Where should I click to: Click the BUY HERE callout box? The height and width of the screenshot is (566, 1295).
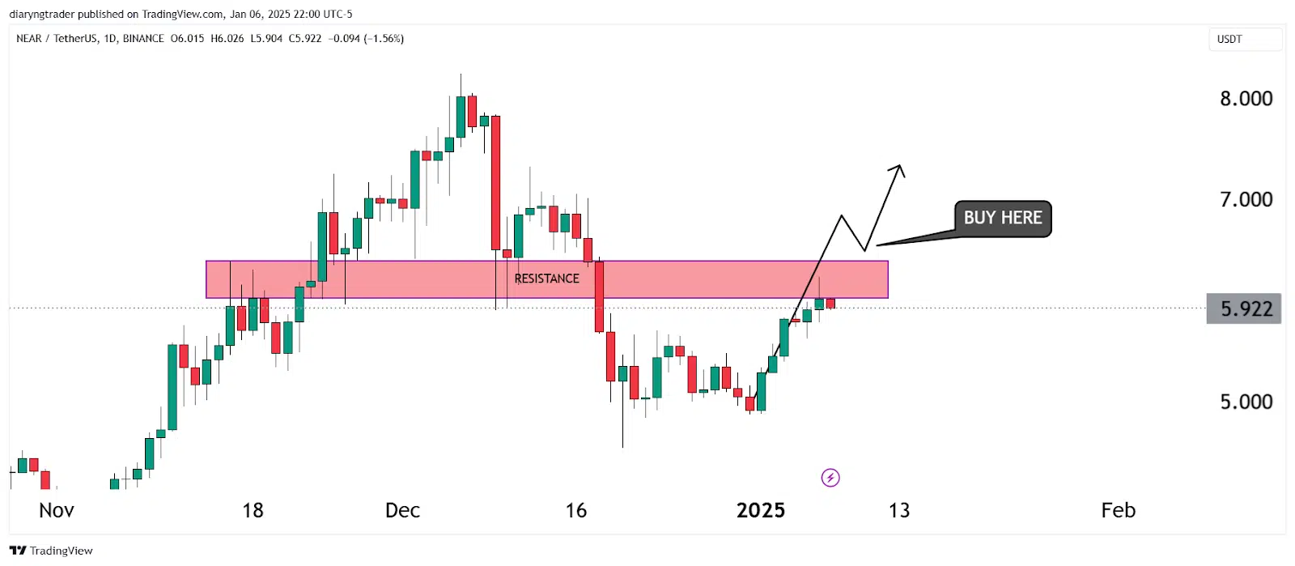pos(1002,219)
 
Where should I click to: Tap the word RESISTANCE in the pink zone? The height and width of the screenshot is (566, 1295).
pos(546,279)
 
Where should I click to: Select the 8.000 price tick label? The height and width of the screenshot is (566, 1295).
pos(1246,99)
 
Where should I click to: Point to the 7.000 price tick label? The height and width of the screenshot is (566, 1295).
pos(1246,199)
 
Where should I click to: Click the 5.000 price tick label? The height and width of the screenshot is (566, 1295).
pos(1246,402)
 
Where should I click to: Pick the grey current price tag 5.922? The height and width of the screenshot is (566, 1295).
pos(1244,309)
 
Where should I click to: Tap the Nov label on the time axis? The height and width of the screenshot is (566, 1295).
pos(57,510)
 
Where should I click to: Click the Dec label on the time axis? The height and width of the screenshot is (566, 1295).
pos(402,510)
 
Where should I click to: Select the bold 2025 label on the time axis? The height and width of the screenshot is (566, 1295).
pos(760,510)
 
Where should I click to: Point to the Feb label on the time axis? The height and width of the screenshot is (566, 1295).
pos(1118,510)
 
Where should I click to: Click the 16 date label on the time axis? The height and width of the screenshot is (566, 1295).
pos(575,510)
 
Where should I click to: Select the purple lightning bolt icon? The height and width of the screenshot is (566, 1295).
pos(830,478)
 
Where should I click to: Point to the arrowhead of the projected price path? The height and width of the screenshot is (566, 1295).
pos(899,168)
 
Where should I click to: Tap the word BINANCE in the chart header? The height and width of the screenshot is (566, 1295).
pos(143,39)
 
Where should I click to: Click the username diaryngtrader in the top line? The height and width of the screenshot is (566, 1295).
pos(42,14)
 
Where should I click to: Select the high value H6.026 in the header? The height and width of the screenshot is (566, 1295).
pos(227,39)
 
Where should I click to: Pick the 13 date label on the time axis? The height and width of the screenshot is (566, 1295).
pos(899,510)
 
